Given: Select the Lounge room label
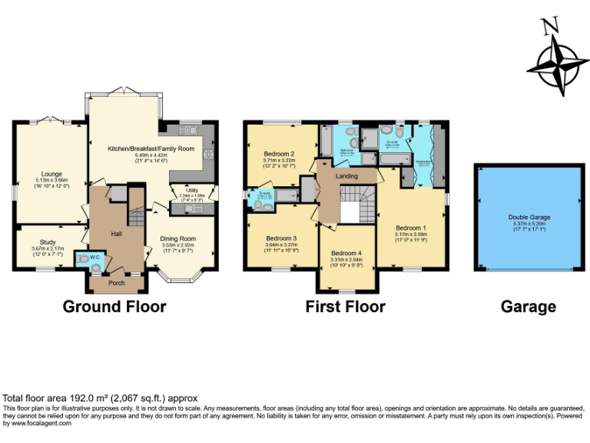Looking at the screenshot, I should [x=52, y=174].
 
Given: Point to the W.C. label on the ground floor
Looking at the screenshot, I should [x=95, y=257].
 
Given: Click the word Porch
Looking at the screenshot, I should [x=116, y=283].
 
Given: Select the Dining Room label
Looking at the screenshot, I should [x=178, y=238].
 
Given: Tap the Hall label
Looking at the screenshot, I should [x=117, y=233].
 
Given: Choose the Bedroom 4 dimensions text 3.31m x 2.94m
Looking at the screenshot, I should [x=347, y=260].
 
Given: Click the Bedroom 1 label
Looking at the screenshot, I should [x=410, y=228].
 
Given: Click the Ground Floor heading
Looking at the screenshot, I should [x=114, y=307].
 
